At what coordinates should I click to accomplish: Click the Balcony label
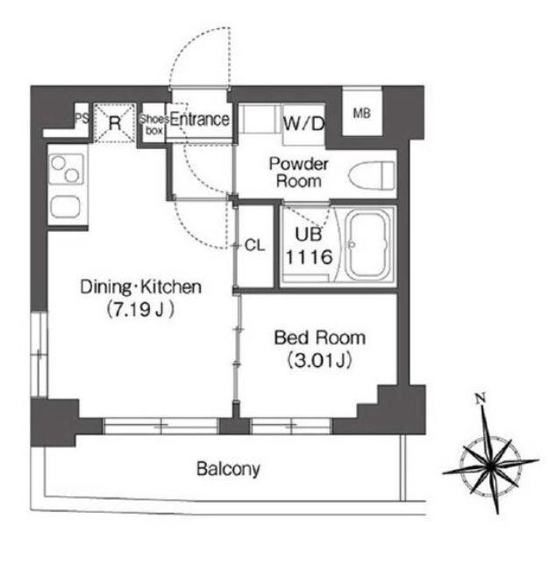point(228,469)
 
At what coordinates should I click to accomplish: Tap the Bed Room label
point(320,338)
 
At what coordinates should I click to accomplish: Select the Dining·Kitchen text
point(141,287)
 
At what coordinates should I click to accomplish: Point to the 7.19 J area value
point(139,310)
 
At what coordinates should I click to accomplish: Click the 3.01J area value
point(320,361)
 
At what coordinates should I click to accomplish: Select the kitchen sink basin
point(66,207)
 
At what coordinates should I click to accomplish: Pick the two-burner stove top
point(66,169)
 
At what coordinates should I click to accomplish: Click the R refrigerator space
point(115,123)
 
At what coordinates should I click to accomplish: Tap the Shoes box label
point(154,125)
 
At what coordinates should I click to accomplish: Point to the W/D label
point(303,124)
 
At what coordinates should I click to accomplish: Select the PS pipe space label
point(82,118)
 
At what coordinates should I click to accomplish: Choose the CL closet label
point(254,246)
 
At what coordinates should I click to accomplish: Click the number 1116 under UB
point(309,257)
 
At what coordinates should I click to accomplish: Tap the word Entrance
point(200,119)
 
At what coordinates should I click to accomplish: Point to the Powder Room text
point(299,172)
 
